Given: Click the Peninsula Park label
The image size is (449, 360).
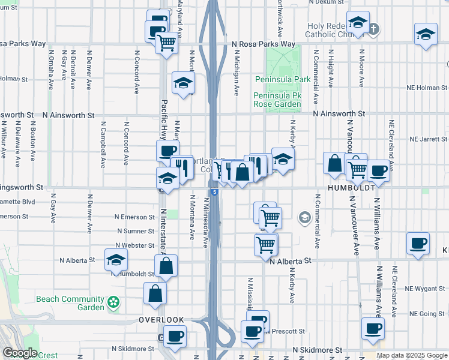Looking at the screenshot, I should pos(282,79).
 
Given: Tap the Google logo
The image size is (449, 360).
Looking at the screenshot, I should pos(20,353).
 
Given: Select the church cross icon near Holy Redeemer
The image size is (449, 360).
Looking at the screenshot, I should pos(373,28).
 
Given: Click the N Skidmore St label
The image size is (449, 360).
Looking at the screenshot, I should pos(317,349).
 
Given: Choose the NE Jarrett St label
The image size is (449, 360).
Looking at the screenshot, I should pos(429,139).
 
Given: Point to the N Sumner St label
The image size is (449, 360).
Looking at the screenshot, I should pos(136,231).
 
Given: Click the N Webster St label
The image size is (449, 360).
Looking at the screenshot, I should pos(136,245).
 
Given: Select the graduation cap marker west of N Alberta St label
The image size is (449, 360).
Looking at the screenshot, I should pos(116,260).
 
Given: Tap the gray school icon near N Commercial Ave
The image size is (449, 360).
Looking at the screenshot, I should pos(305,217).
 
